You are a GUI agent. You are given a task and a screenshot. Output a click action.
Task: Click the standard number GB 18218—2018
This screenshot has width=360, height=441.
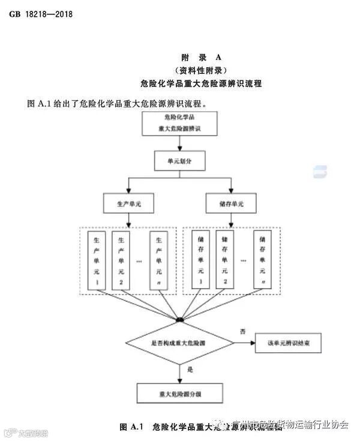pyautogui.click(x=41, y=14)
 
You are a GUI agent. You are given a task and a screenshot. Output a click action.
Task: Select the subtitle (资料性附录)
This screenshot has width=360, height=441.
pyautogui.click(x=202, y=70)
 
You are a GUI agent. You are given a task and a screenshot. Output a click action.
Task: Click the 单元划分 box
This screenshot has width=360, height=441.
pyautogui.click(x=180, y=161)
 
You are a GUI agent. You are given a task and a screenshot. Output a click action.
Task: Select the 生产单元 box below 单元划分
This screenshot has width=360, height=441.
pyautogui.click(x=127, y=203)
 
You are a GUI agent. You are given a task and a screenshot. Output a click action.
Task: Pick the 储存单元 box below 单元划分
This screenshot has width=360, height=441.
pyautogui.click(x=231, y=203)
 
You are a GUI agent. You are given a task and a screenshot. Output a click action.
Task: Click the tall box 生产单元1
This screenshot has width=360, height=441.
pyautogui.click(x=96, y=260)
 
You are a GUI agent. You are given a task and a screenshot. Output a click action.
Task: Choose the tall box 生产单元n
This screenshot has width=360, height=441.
pyautogui.click(x=159, y=260)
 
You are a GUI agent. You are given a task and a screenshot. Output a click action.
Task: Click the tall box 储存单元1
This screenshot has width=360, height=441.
pyautogui.click(x=200, y=260)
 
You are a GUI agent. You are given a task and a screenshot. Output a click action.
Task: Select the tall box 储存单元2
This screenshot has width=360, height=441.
pyautogui.click(x=226, y=260)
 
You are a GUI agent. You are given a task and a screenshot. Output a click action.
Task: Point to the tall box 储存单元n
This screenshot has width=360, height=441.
pyautogui.click(x=263, y=260)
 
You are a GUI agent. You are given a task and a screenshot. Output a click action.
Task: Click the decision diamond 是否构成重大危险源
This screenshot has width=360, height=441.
pyautogui.click(x=180, y=343)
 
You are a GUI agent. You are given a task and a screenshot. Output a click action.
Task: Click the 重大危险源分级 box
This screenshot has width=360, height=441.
pyautogui.click(x=180, y=393)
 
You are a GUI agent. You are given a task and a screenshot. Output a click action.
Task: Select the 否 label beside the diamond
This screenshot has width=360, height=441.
pyautogui.click(x=243, y=332)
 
